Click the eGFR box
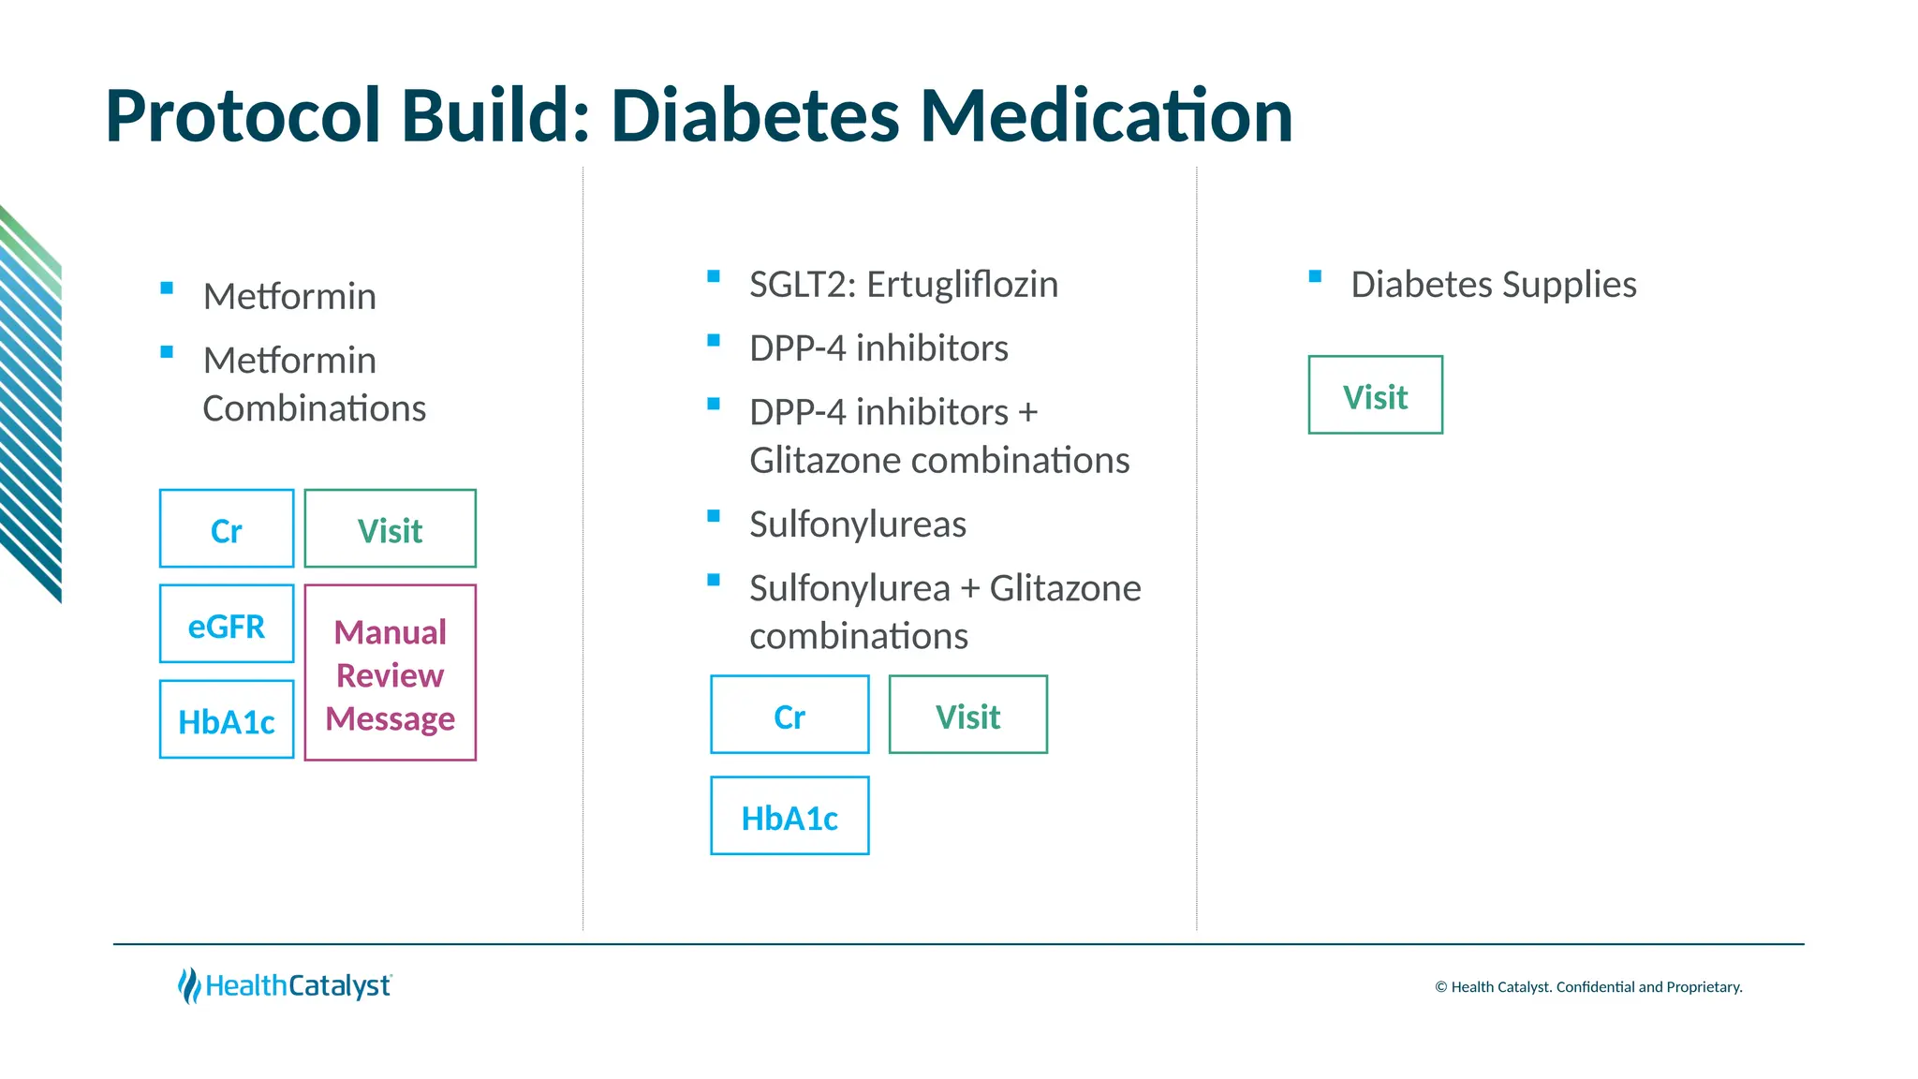tap(227, 625)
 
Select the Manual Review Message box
tap(391, 673)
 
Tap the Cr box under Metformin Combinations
tap(227, 529)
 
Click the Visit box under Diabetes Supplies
tap(1375, 395)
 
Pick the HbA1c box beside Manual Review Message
tap(227, 720)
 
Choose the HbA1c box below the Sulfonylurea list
tap(789, 817)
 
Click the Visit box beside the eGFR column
tap(391, 529)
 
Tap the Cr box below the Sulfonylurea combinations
tap(789, 716)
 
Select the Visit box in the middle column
tap(967, 716)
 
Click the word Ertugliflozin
tap(962, 285)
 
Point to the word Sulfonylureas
tap(858, 525)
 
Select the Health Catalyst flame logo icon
tap(189, 985)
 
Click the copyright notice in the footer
tap(1588, 987)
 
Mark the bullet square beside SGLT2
tap(714, 276)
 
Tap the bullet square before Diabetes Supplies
tap(1315, 276)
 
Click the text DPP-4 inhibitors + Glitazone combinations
tap(938, 436)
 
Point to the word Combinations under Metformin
tap(314, 409)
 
